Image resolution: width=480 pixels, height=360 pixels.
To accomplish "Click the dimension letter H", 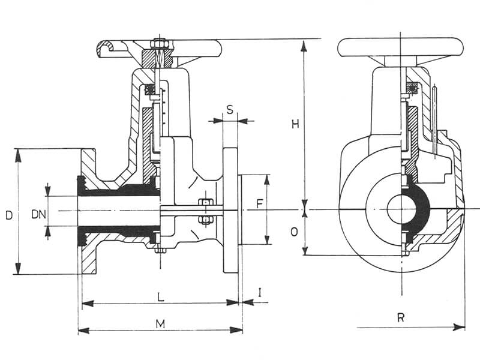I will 295,124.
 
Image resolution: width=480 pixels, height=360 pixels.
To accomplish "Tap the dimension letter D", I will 8,214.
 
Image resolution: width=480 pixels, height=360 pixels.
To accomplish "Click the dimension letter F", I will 259,204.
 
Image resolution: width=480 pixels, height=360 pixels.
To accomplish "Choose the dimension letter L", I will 160,296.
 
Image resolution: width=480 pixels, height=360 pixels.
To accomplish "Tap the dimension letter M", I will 160,324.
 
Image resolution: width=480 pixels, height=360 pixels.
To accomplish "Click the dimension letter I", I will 259,292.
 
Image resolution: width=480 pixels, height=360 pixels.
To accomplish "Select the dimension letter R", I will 400,317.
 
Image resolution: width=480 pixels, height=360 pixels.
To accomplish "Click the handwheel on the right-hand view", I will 400,47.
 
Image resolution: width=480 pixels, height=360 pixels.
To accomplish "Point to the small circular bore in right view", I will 400,209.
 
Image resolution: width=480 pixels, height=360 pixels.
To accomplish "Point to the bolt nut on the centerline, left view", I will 205,210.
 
